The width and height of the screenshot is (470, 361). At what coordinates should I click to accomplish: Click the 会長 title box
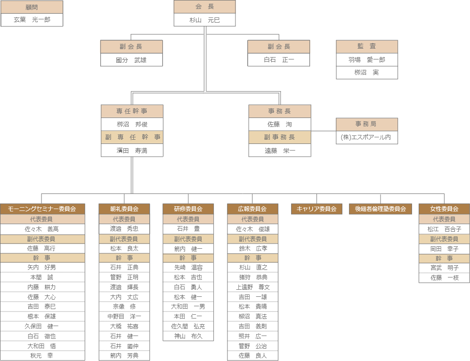204,7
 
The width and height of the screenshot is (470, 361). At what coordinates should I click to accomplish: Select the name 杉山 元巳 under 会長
204,20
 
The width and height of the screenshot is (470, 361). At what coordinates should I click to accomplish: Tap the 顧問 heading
32,7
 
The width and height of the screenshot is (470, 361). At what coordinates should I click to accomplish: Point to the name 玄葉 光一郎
32,20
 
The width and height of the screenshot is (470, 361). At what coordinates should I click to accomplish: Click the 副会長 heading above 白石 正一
279,47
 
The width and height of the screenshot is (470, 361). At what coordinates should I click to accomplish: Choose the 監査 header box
367,46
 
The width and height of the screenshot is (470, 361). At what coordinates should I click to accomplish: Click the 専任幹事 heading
132,111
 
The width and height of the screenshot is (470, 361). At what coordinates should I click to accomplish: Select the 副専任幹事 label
132,137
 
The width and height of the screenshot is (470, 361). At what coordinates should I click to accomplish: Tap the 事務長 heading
280,111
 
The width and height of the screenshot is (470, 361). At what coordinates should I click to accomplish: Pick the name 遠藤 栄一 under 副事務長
280,151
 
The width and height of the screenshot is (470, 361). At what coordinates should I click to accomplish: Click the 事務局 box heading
367,124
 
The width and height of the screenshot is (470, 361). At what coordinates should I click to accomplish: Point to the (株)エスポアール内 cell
367,137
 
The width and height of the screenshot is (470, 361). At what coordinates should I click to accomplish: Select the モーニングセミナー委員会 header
43,209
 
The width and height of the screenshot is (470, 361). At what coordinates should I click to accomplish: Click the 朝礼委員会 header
124,209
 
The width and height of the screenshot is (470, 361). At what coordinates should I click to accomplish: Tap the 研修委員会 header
188,209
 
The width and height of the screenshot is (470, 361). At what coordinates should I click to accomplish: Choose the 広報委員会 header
252,209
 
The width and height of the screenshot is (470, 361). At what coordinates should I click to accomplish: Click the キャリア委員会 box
316,209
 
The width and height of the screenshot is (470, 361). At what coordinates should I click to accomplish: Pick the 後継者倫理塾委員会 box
381,209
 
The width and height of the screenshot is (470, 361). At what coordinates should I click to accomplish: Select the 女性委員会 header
444,209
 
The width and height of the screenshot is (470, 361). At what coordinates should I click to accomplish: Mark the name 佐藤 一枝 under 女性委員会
444,277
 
